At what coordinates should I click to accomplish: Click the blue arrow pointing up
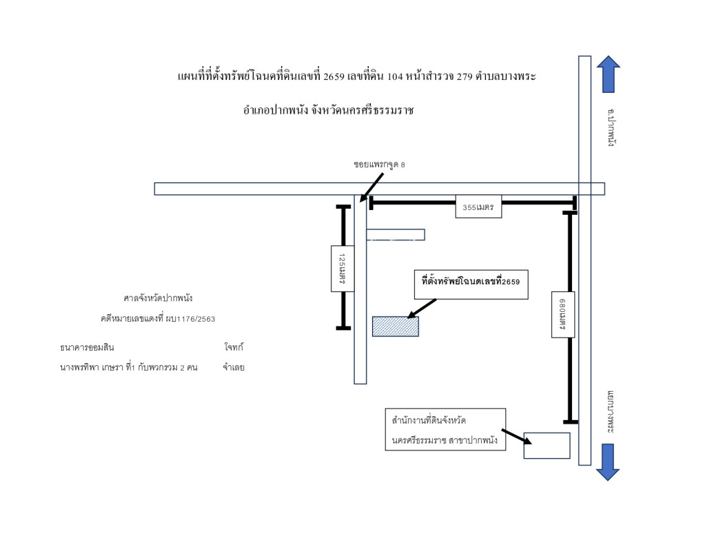tap(608, 74)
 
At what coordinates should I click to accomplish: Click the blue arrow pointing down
tap(608, 461)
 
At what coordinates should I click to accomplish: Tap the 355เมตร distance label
tap(478, 207)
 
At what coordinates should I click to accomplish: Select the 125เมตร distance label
tap(343, 269)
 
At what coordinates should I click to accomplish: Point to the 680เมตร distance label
tap(563, 314)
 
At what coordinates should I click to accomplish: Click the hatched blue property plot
tap(396, 326)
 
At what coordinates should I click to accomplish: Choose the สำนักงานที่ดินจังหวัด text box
tap(446, 430)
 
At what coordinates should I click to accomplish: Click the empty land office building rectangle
tap(547, 445)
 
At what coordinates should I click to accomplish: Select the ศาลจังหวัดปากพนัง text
tap(158, 298)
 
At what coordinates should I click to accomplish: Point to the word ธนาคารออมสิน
tap(87, 347)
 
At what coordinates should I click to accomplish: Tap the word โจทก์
tap(234, 347)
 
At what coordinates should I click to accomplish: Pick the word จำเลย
tap(234, 367)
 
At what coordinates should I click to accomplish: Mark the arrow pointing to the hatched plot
tap(422, 309)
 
